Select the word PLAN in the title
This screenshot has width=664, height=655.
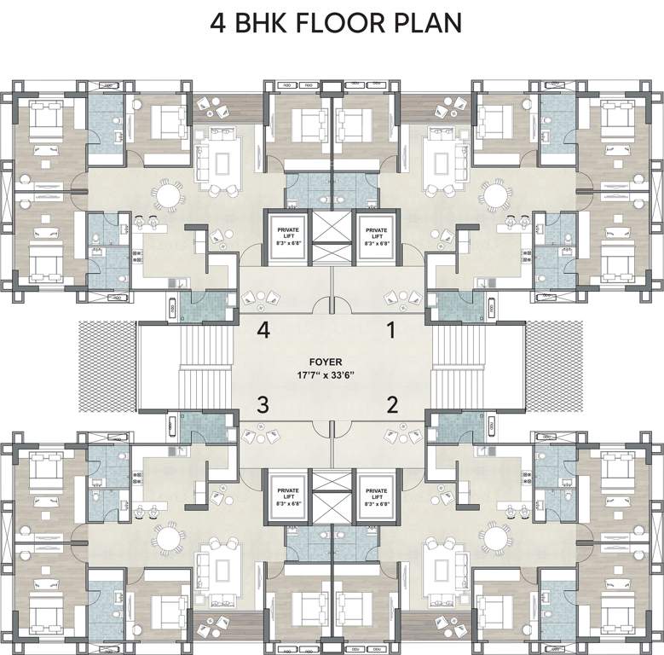pyautogui.click(x=430, y=23)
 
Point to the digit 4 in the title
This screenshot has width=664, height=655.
pyautogui.click(x=219, y=23)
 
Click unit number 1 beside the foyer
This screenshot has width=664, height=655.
pyautogui.click(x=392, y=331)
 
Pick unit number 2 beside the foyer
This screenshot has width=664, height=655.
pyautogui.click(x=392, y=404)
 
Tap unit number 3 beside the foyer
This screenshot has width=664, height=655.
pyautogui.click(x=264, y=404)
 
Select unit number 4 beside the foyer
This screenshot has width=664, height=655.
pyautogui.click(x=264, y=331)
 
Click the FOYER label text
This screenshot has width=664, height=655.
pyautogui.click(x=332, y=361)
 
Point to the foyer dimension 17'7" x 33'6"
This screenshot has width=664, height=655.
pyautogui.click(x=332, y=374)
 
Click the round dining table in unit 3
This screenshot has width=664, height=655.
pyautogui.click(x=168, y=538)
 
